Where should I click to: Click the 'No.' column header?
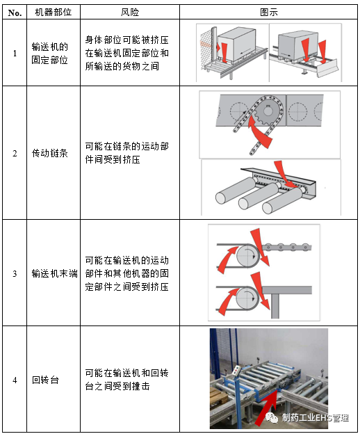click(x=15, y=13)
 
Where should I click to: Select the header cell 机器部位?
click(x=54, y=13)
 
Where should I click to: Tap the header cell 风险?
click(x=130, y=13)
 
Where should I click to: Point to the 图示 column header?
click(x=268, y=13)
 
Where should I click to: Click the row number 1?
click(x=15, y=53)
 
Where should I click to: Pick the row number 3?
click(x=15, y=273)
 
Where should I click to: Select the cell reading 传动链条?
click(x=50, y=153)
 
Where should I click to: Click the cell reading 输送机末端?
click(x=54, y=273)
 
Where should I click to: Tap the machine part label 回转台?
click(x=45, y=380)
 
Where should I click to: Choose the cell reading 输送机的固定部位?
click(x=50, y=53)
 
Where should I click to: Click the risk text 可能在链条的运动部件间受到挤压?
click(x=126, y=153)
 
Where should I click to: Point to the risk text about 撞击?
click(x=126, y=380)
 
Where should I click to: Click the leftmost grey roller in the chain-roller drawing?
click(x=235, y=191)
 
